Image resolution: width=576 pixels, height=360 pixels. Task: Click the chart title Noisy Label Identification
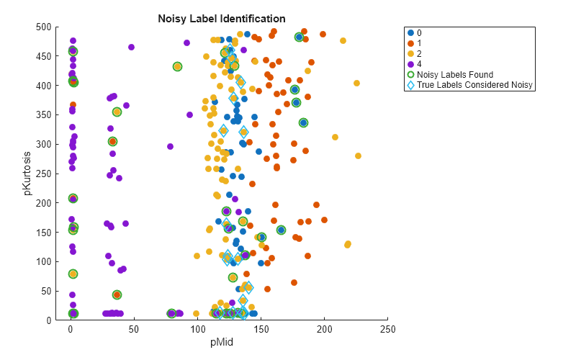[222, 19]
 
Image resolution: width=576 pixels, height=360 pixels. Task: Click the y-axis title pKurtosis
[28, 174]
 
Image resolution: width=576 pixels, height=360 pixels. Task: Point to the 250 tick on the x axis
[388, 329]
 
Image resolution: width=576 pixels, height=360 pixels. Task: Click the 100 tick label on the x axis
[197, 329]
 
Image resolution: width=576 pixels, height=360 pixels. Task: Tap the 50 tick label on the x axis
[134, 329]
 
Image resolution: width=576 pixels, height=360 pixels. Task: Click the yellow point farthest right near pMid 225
[358, 156]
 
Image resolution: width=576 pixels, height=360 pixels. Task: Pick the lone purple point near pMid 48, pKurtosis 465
[131, 48]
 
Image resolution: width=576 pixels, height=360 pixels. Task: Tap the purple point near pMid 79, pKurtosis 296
[171, 146]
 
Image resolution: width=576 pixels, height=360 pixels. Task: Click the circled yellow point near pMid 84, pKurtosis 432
[177, 67]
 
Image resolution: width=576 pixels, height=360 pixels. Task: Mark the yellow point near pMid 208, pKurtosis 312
[335, 137]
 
